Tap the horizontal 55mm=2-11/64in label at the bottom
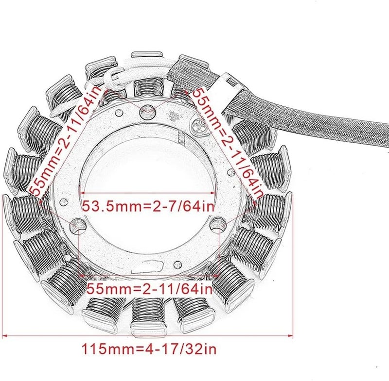pyautogui.click(x=150, y=289)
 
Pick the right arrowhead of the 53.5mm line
pyautogui.click(x=214, y=193)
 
